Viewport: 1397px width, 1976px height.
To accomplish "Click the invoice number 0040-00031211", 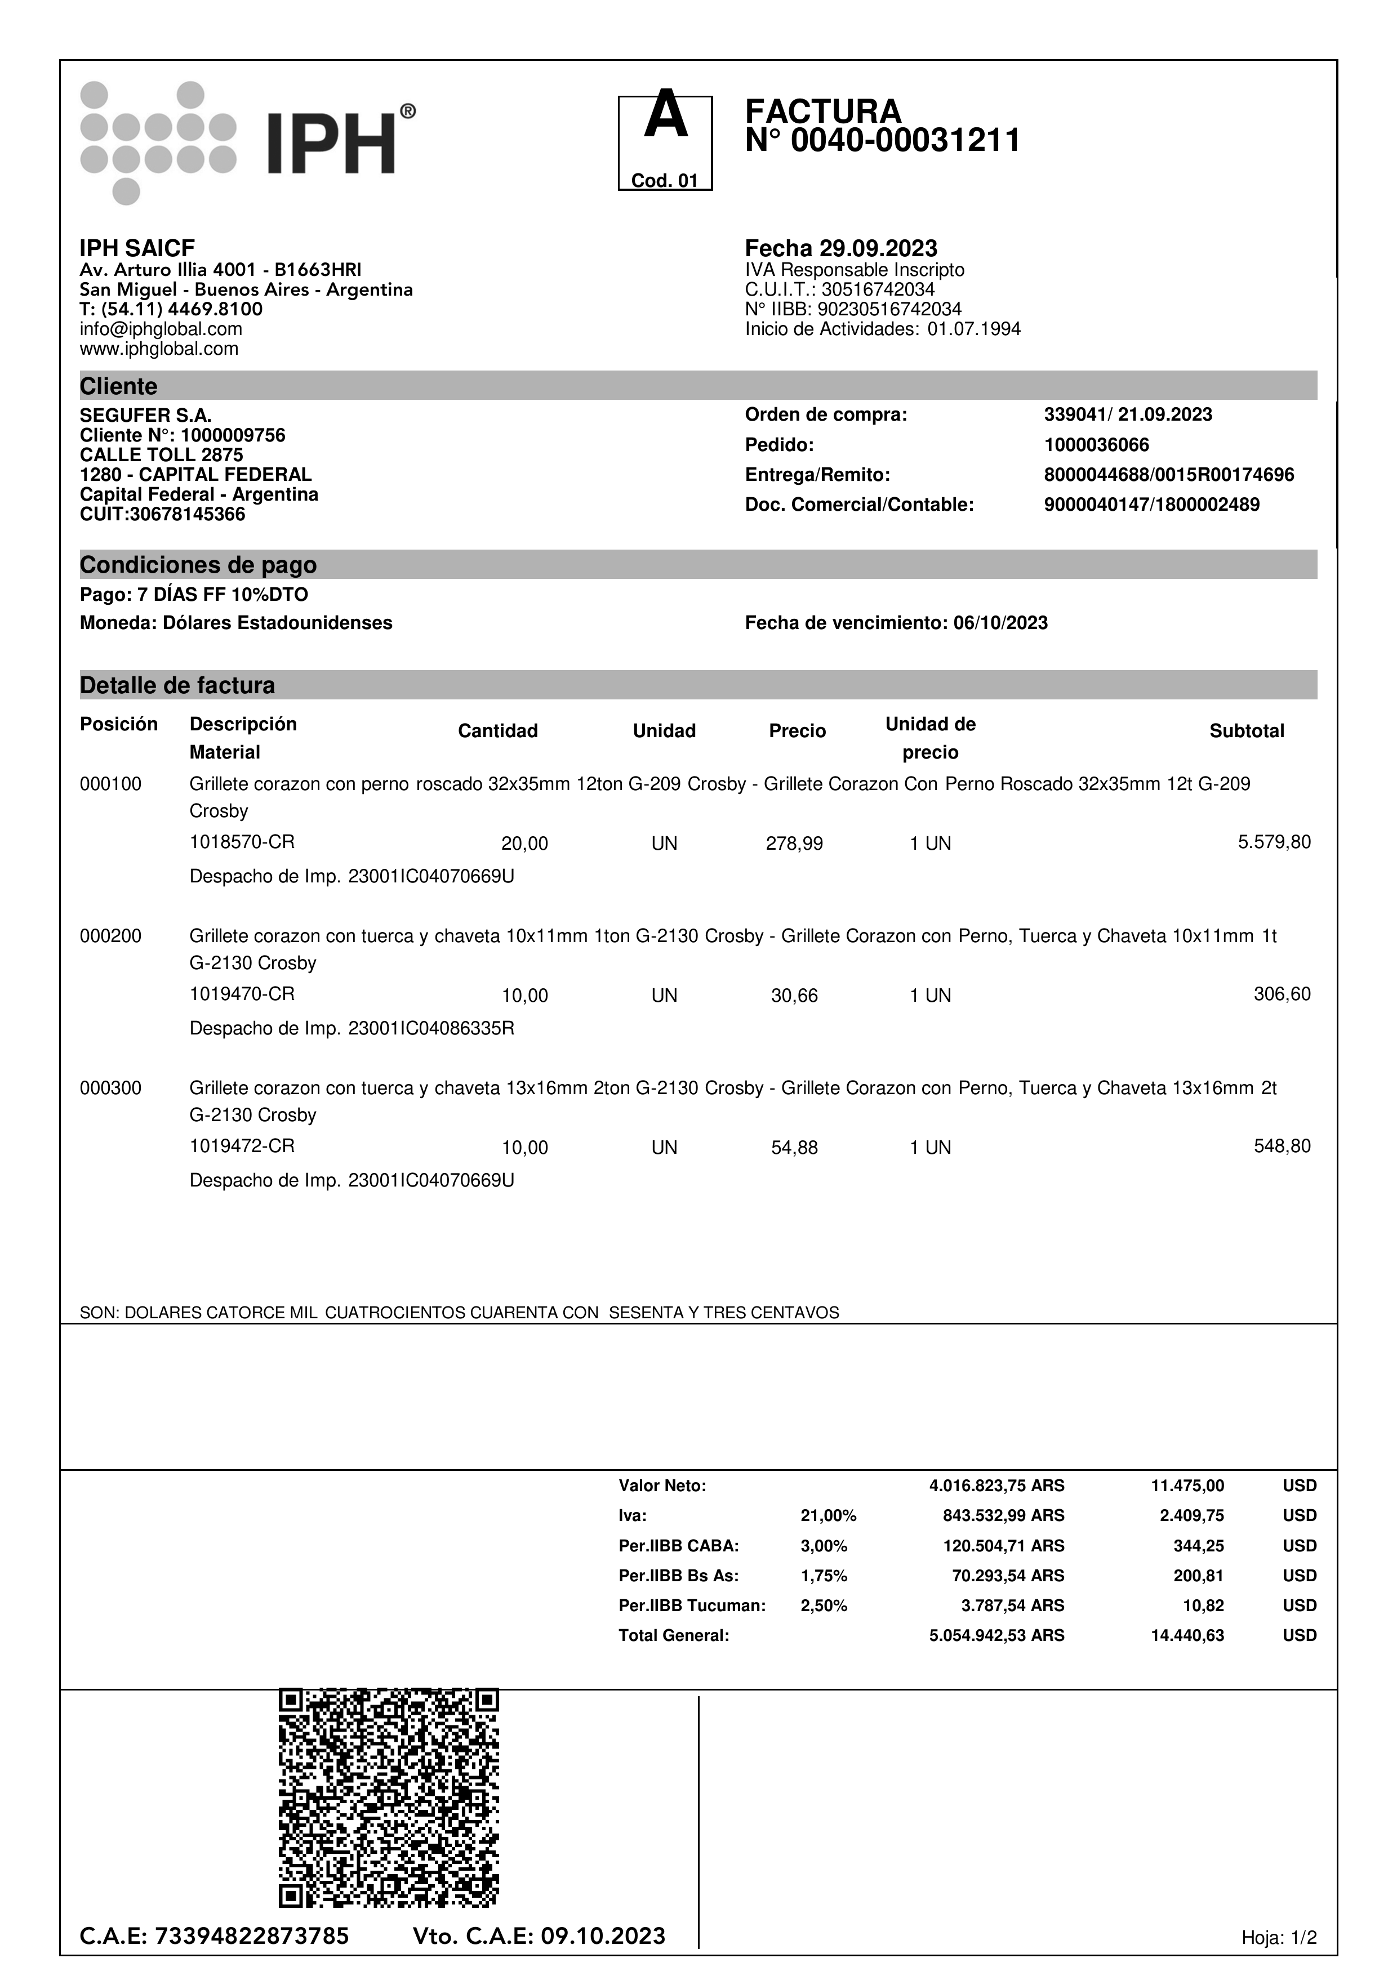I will [905, 140].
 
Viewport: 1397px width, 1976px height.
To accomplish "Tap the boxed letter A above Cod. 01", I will [665, 117].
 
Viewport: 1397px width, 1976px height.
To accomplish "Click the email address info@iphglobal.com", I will [161, 329].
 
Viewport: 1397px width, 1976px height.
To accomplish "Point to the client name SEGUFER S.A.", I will [145, 416].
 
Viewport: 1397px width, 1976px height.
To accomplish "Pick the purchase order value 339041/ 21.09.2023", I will [1128, 415].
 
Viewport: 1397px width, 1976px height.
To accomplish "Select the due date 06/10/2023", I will [1000, 623].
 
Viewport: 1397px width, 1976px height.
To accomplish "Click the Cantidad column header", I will [497, 731].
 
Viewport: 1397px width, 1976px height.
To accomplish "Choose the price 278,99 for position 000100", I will [794, 844].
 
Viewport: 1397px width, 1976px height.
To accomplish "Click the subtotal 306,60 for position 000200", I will [1281, 994].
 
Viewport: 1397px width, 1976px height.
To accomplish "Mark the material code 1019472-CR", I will [242, 1145].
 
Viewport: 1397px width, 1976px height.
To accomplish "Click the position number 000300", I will [110, 1088].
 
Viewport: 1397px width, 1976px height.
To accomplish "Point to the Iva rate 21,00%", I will [828, 1515].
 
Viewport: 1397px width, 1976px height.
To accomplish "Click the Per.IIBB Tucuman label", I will [691, 1605].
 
